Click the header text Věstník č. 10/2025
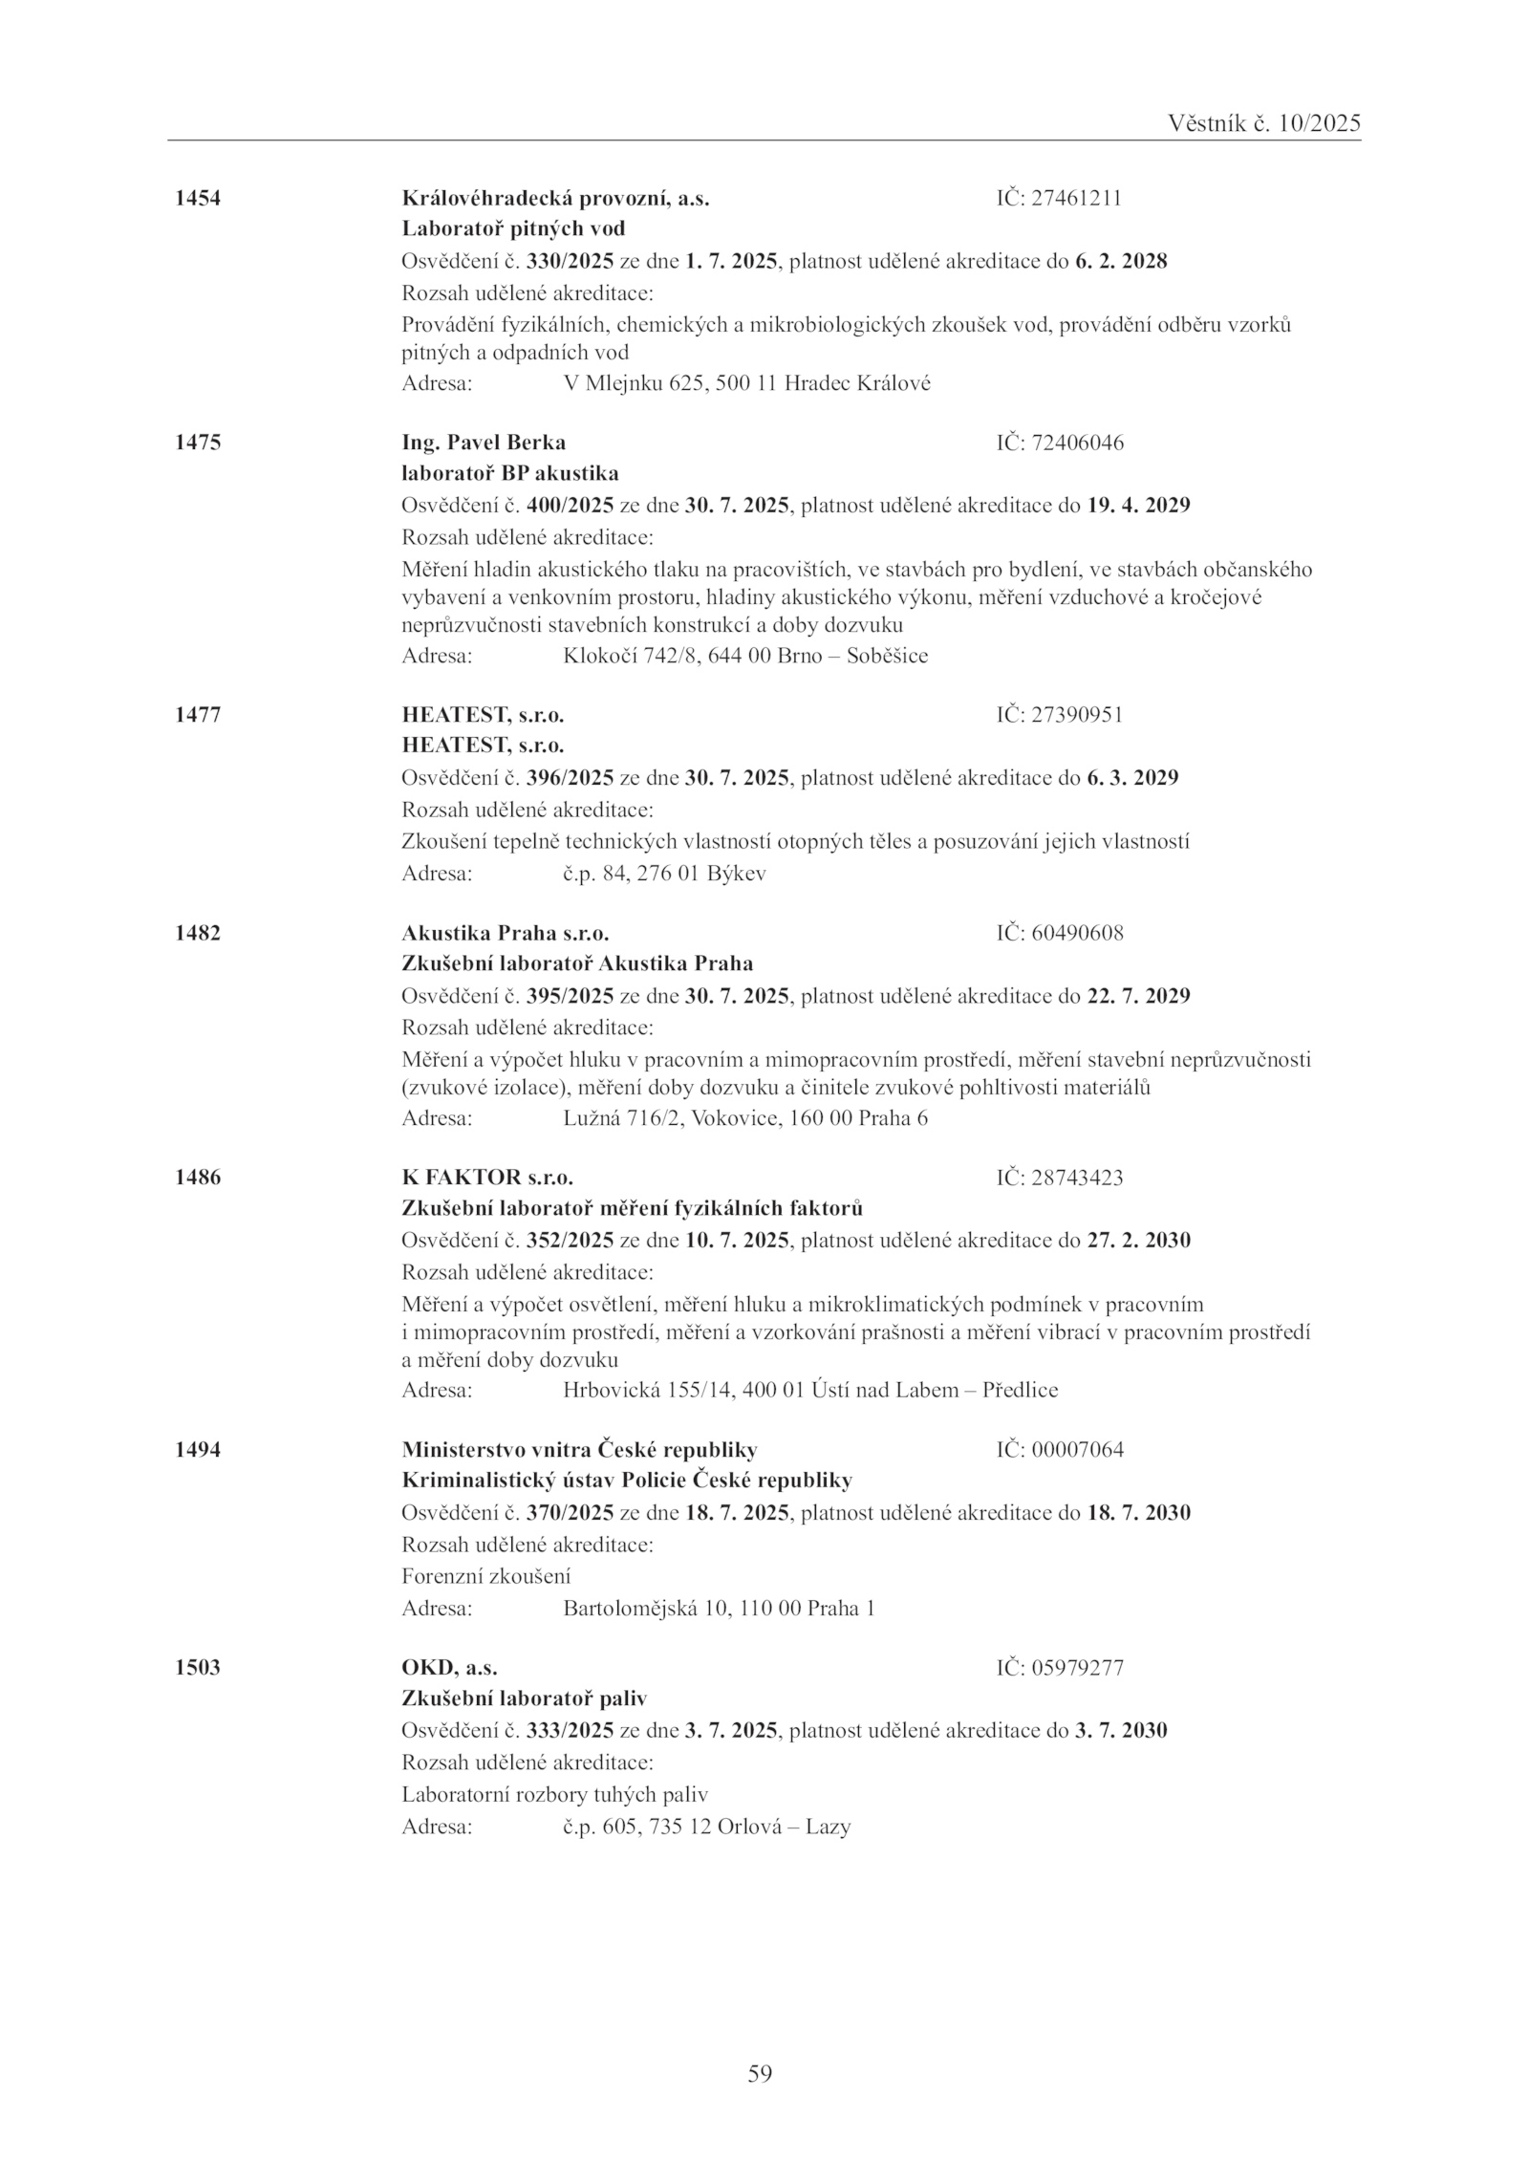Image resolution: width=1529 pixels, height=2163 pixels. (x=1263, y=123)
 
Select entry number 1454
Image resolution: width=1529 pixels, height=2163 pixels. (x=198, y=199)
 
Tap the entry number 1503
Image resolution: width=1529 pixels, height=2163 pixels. (x=198, y=1668)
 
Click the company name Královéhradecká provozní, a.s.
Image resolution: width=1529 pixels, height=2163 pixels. (x=555, y=199)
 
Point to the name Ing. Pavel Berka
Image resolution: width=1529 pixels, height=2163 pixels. (x=484, y=443)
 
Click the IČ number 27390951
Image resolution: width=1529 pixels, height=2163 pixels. (x=1077, y=715)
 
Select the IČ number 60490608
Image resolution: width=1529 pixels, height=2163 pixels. (x=1077, y=933)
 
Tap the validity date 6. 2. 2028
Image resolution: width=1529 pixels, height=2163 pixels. (x=1121, y=261)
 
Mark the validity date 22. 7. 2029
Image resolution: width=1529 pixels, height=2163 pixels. (x=1139, y=996)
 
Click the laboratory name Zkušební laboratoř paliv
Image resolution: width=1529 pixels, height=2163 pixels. (x=525, y=1698)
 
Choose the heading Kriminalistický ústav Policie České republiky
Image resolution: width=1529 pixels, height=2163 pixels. (x=627, y=1481)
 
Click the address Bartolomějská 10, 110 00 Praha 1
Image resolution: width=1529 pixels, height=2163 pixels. (x=720, y=1609)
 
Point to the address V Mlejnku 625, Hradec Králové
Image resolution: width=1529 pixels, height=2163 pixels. (x=747, y=384)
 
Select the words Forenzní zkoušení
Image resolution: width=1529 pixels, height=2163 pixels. (x=486, y=1576)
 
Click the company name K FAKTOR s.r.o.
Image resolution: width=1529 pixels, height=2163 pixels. (x=487, y=1178)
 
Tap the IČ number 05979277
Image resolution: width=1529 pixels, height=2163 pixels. (x=1077, y=1668)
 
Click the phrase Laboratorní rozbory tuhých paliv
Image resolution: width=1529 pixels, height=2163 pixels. (x=554, y=1794)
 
